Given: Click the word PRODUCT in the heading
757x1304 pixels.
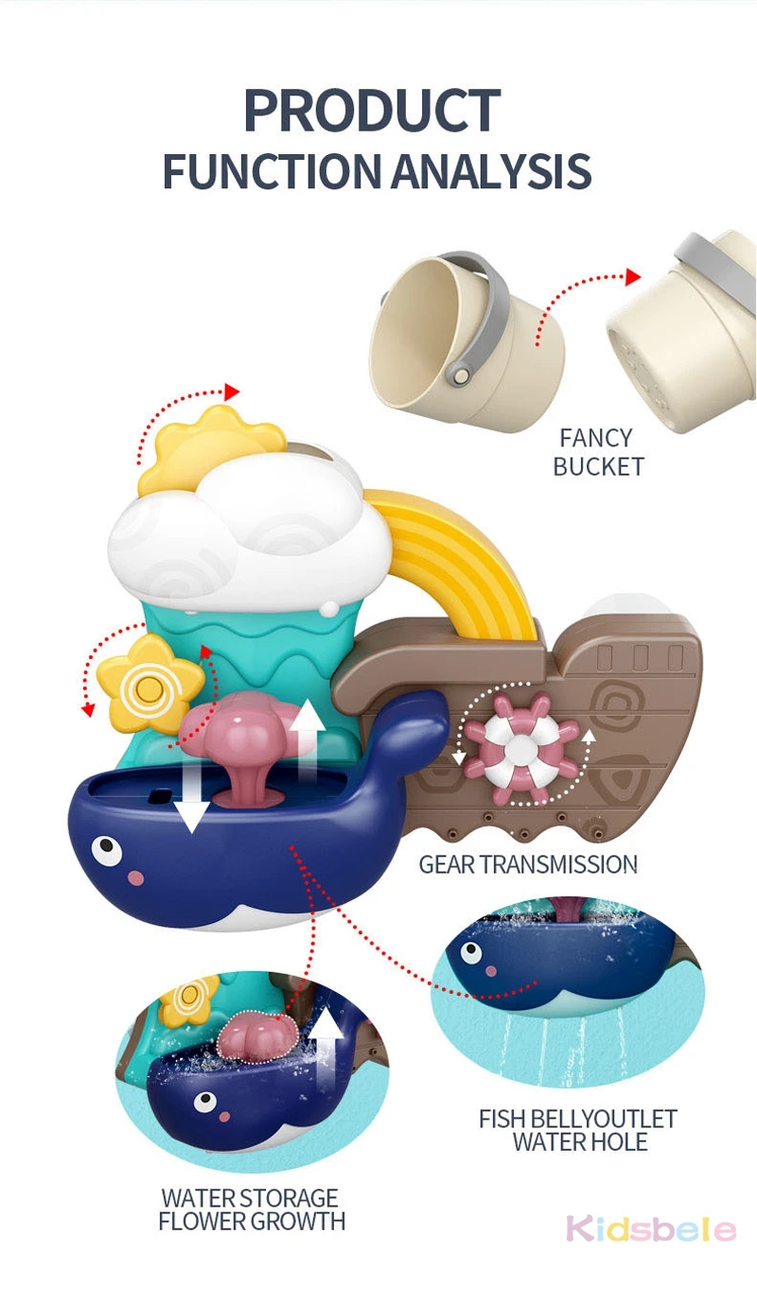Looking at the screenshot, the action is (x=372, y=112).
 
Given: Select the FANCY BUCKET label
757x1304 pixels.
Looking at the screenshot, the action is (x=597, y=452).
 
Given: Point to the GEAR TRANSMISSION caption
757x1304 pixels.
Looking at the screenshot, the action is (x=528, y=864).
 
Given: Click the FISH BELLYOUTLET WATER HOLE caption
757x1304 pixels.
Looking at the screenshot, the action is (x=578, y=1130).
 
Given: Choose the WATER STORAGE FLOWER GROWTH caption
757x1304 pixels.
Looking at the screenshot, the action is (x=251, y=1210).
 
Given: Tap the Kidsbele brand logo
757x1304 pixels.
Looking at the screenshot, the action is (x=651, y=1229).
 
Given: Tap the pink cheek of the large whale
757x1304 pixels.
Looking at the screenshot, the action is (x=137, y=878).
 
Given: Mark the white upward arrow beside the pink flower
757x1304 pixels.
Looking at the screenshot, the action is (x=306, y=742).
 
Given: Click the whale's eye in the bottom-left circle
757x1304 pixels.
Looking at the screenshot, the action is (x=204, y=1103).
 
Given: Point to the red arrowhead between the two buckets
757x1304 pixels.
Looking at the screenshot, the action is (x=631, y=275).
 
